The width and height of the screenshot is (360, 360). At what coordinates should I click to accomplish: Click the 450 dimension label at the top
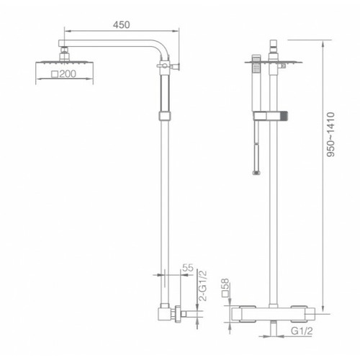coord(122,24)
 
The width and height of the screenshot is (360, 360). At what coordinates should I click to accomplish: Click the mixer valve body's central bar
coord(274,315)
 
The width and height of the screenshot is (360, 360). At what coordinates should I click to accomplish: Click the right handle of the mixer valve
coord(310,315)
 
